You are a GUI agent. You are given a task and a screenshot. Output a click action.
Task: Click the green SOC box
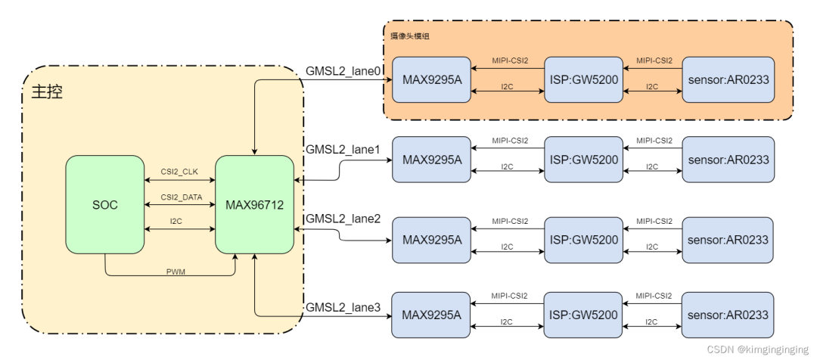pos(104,205)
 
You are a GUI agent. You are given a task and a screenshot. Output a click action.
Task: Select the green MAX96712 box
pos(254,205)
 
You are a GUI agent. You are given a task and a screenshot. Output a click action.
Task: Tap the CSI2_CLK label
pos(179,172)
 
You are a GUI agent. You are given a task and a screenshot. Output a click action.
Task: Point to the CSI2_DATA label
pos(179,197)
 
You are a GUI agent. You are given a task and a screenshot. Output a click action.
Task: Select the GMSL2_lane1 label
pos(343,149)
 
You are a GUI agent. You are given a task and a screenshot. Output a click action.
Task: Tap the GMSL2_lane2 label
pos(343,219)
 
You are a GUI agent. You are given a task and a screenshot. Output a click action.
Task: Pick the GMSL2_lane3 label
pos(343,308)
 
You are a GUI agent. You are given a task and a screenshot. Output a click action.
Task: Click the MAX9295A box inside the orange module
pos(431,79)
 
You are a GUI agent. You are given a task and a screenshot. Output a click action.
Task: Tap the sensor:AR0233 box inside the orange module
pos(728,79)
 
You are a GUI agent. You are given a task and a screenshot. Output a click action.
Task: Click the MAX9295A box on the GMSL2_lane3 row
pos(431,315)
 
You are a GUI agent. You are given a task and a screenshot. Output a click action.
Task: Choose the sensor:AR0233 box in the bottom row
pos(728,315)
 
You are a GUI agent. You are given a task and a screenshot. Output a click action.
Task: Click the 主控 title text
pos(46,92)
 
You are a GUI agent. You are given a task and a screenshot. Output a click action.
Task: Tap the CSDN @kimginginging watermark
pos(757,349)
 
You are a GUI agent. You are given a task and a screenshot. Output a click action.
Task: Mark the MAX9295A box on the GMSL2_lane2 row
pos(431,240)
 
